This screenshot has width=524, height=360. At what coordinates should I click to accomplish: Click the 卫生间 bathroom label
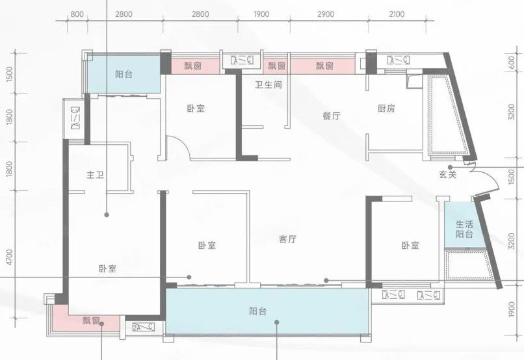click(x=269, y=85)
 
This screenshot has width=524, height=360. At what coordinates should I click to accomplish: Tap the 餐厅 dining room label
click(x=332, y=116)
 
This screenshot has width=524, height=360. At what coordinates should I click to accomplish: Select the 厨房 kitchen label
click(x=386, y=109)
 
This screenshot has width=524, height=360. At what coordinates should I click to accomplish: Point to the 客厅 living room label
click(x=288, y=239)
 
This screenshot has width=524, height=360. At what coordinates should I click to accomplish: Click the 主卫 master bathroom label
click(x=95, y=175)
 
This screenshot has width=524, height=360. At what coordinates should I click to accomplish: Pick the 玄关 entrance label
click(x=447, y=174)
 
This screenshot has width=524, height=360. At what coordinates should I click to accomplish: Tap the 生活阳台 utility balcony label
click(x=464, y=229)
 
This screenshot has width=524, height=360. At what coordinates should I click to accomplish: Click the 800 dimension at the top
click(x=77, y=14)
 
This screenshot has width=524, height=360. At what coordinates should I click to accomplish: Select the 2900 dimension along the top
click(x=326, y=14)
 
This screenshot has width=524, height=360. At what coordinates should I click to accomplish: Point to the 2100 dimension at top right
click(x=397, y=14)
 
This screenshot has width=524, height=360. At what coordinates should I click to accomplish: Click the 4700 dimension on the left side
click(x=9, y=257)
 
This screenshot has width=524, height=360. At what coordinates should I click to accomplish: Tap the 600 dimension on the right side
click(x=511, y=63)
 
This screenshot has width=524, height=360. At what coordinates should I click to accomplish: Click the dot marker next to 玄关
click(x=450, y=167)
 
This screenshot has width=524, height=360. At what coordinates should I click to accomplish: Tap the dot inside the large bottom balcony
click(x=277, y=322)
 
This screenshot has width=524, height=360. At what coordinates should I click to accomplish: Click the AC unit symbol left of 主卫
click(x=76, y=118)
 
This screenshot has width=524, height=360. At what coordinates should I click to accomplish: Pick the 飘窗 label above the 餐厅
click(x=325, y=66)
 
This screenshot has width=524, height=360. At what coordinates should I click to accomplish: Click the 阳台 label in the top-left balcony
click(x=124, y=74)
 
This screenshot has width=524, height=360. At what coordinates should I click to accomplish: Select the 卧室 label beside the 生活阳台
click(x=410, y=246)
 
